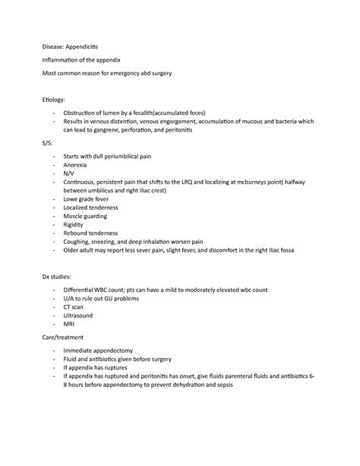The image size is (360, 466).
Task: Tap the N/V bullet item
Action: coord(70,173)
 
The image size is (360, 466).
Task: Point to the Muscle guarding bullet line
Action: coord(90,216)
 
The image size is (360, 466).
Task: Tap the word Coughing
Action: coord(82,242)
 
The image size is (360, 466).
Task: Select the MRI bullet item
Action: coord(70,323)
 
